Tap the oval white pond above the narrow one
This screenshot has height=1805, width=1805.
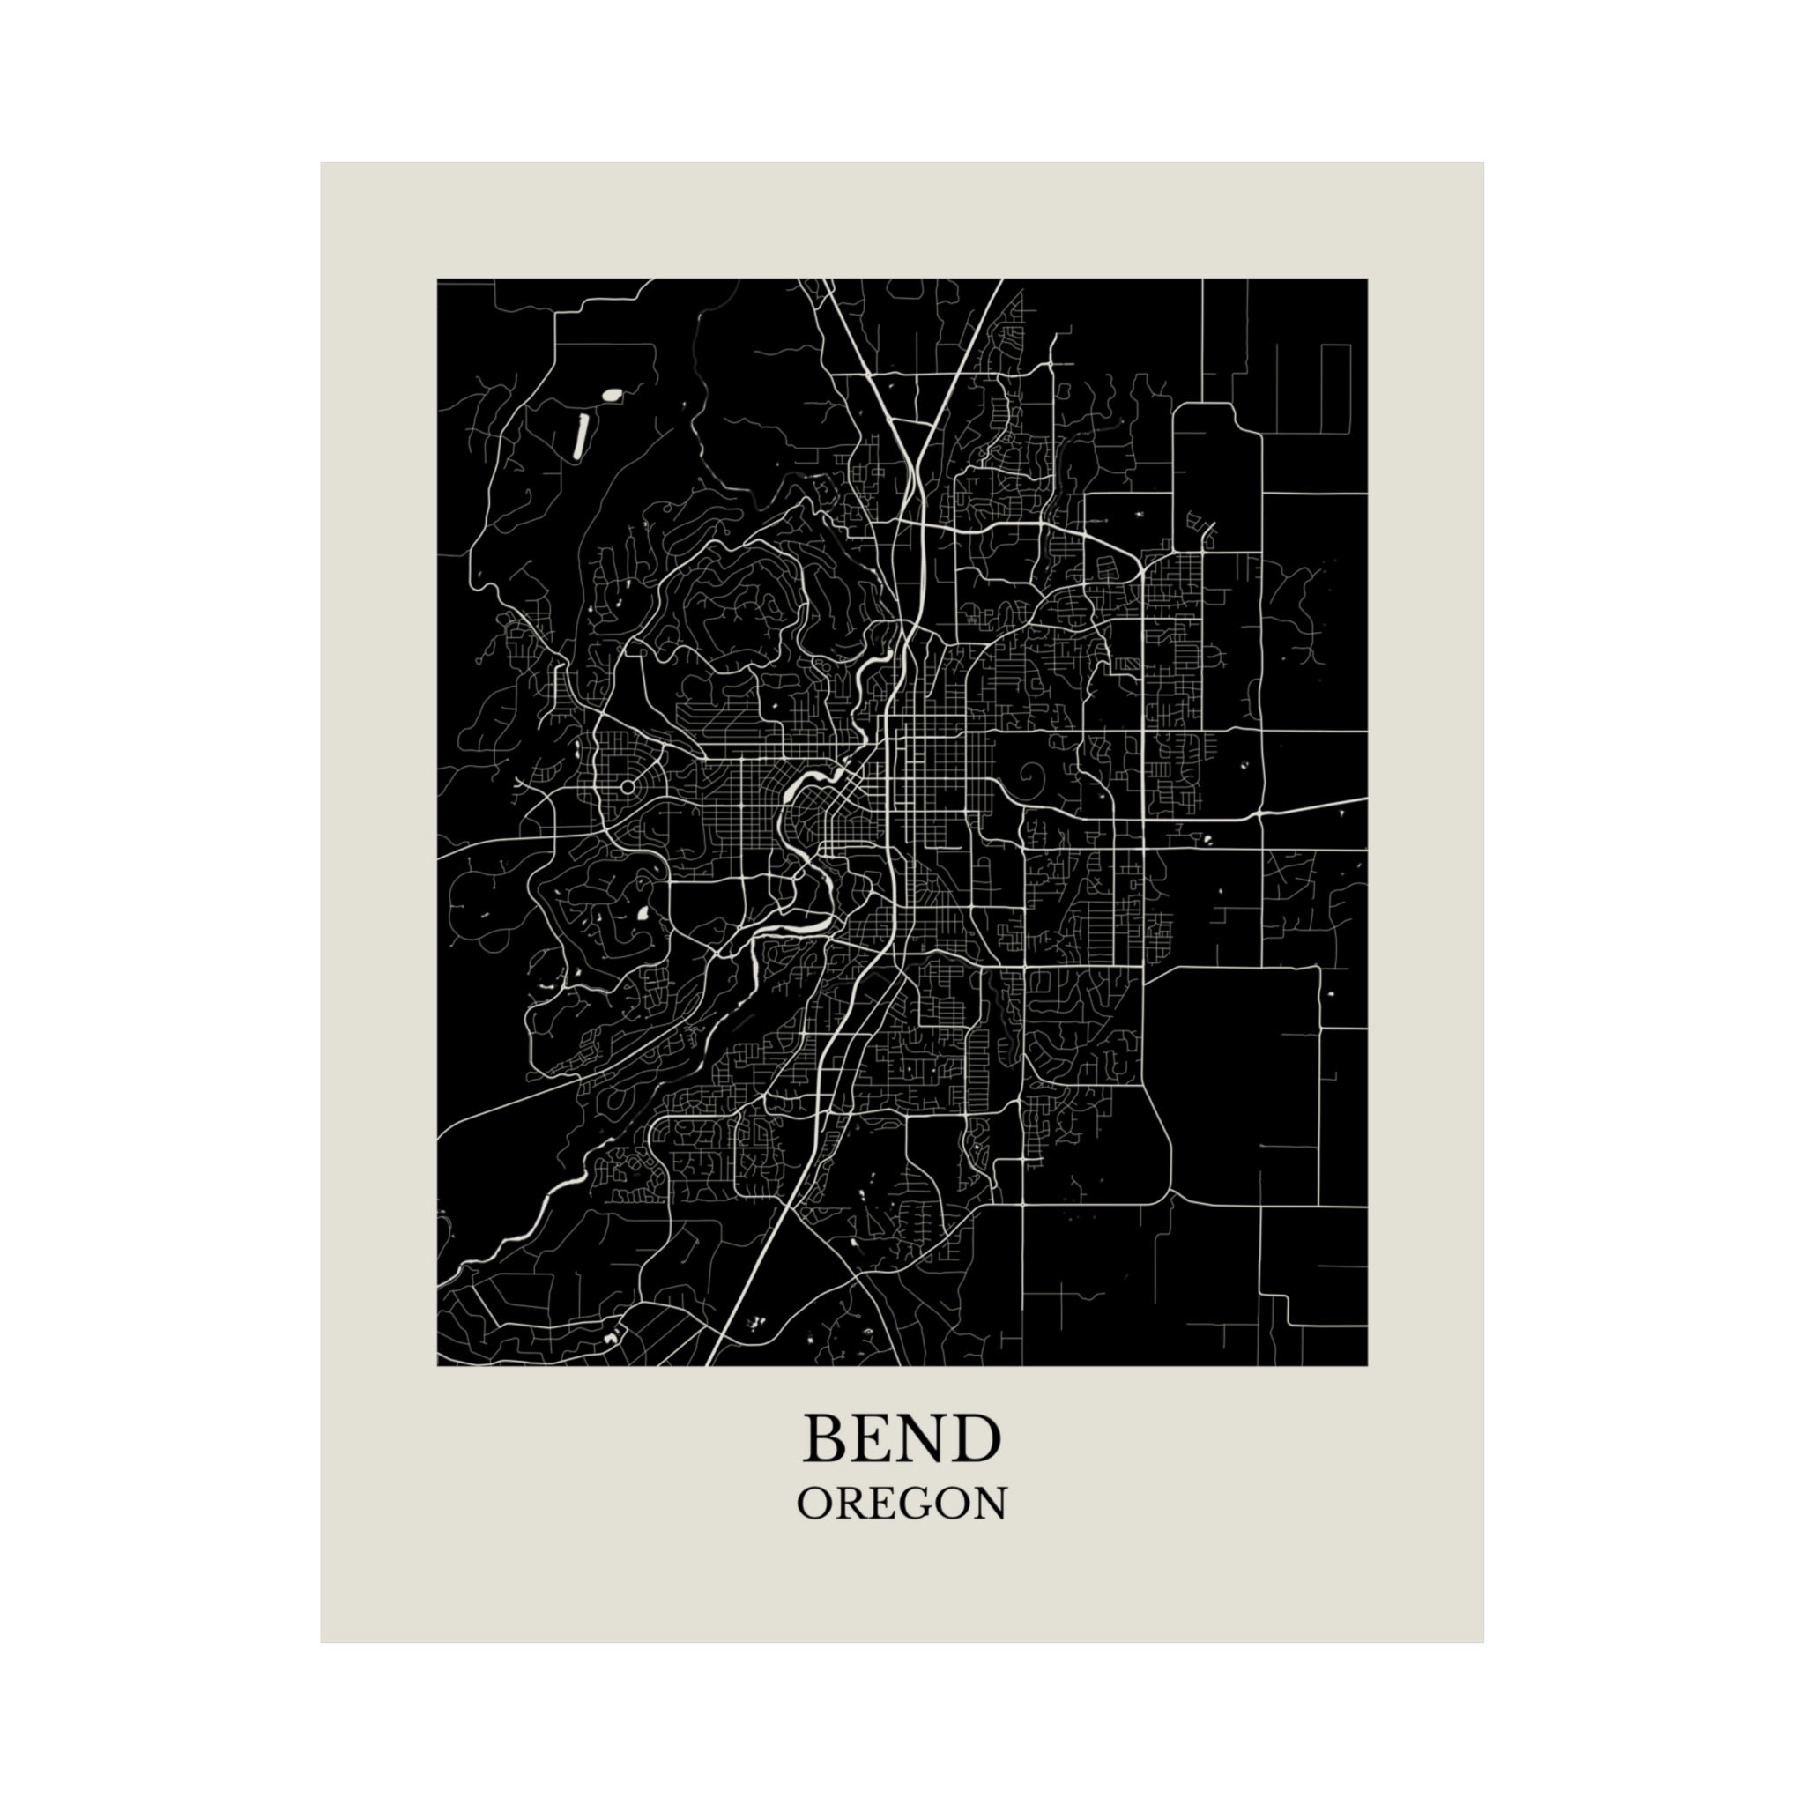612,395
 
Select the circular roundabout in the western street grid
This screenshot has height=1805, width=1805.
628,788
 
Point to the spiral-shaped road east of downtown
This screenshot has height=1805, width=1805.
1034,776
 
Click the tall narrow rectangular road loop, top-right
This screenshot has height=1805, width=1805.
1336,389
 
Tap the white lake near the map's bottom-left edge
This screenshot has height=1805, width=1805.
612,1338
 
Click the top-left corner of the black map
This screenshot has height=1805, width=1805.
438,279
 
